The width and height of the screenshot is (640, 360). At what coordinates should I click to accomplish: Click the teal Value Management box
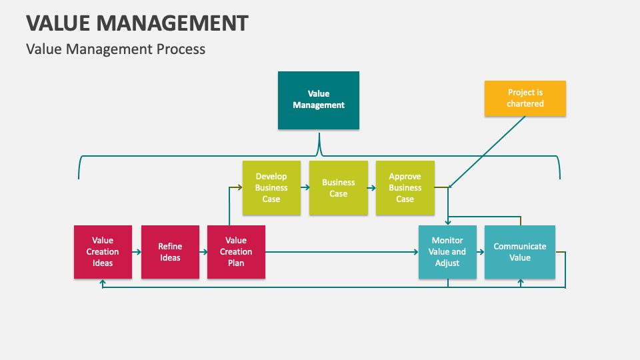point(319,100)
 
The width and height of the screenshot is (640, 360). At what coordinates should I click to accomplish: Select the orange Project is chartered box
point(525,98)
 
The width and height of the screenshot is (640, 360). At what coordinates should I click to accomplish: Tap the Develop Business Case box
point(271,188)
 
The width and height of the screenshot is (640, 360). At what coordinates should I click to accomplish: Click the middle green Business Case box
point(339,188)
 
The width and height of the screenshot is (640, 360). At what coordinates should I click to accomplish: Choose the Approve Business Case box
point(405,188)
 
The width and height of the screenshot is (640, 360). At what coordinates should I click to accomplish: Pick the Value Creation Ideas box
point(103,252)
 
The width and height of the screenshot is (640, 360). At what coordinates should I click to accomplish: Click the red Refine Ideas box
point(170,252)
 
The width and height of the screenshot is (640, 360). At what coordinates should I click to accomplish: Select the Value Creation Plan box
point(236,252)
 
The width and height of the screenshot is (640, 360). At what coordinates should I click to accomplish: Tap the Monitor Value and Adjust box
point(447,252)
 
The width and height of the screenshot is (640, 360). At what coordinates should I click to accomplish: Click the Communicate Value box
point(520,252)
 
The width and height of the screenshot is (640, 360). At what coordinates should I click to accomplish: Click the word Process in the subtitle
point(181,49)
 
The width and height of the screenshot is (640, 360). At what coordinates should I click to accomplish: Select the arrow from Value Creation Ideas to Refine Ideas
point(137,252)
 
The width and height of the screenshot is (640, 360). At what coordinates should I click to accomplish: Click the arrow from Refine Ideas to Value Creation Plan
point(203,252)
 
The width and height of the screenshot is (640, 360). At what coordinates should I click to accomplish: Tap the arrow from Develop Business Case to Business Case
point(305,188)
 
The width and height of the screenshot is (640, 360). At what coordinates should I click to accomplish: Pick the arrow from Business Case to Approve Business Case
point(372,188)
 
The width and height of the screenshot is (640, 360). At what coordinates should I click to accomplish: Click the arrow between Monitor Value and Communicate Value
point(481,252)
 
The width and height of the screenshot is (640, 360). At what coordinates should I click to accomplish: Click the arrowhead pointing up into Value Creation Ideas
point(103,283)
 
